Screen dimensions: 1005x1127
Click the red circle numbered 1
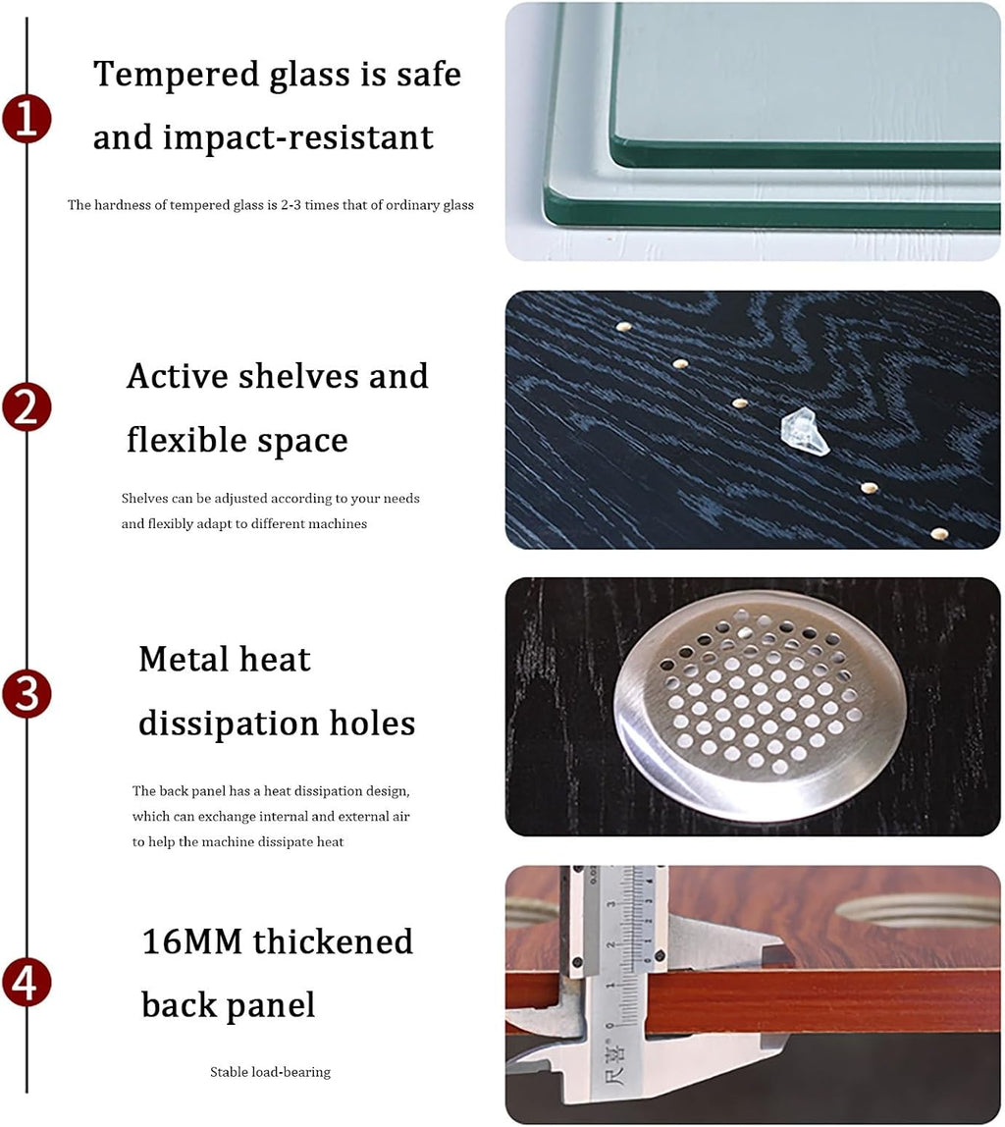point(26,119)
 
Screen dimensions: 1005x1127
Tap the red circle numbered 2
point(26,407)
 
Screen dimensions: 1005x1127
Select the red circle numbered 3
point(26,694)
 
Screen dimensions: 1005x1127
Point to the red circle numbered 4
point(26,983)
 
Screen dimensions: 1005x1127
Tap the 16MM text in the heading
point(191,941)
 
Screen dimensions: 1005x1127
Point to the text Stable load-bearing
point(270,1072)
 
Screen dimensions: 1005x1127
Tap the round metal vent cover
point(760,705)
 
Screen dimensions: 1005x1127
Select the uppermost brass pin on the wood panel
point(623,327)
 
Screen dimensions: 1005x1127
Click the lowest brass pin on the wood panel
point(939,533)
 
